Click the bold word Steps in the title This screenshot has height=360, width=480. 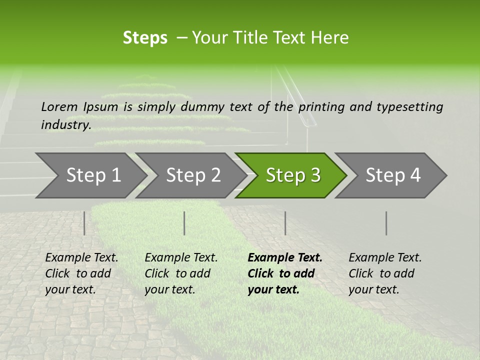pyautogui.click(x=145, y=38)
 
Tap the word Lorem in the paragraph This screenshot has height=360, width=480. pyautogui.click(x=59, y=106)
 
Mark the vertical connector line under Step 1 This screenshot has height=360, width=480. pyautogui.click(x=84, y=223)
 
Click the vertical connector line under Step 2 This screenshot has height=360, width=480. pyautogui.click(x=184, y=223)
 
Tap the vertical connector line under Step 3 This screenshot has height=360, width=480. pyautogui.click(x=285, y=223)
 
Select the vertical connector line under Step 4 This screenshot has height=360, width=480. pyautogui.click(x=386, y=223)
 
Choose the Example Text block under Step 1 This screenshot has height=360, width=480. pyautogui.click(x=81, y=273)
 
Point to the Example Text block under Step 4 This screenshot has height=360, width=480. pyautogui.click(x=385, y=273)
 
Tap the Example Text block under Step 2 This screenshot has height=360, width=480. pyautogui.click(x=181, y=273)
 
